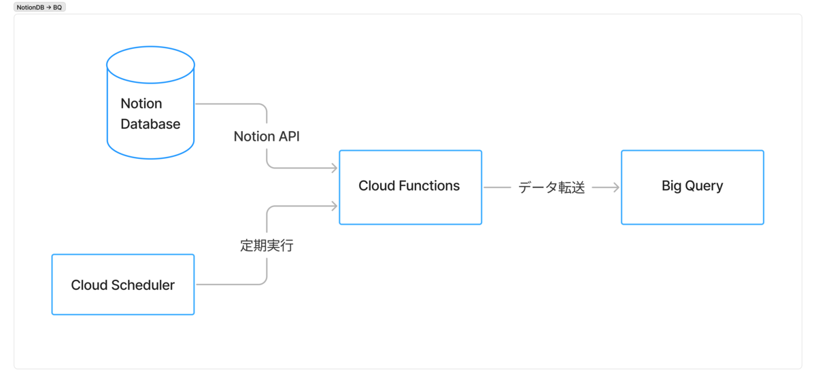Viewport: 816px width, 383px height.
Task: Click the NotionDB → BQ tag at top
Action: (39, 7)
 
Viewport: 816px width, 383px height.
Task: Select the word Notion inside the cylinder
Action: (141, 104)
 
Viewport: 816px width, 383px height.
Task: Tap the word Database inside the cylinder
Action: (150, 124)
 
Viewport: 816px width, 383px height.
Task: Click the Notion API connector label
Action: (267, 136)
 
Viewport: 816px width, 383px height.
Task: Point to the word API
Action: (289, 136)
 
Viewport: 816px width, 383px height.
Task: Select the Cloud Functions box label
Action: (409, 186)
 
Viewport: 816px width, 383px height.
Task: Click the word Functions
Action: (429, 186)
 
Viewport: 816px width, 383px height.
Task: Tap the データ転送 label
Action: (551, 187)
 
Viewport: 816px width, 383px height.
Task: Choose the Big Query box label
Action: (692, 186)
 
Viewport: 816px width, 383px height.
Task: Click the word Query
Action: (704, 187)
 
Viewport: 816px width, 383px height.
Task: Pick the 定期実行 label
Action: (267, 246)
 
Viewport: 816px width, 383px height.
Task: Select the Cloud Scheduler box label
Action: (123, 285)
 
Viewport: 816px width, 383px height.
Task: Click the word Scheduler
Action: (143, 285)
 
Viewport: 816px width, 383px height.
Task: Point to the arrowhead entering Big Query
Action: (616, 187)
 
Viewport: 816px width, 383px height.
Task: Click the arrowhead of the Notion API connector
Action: (334, 168)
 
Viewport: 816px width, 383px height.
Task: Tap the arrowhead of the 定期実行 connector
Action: (334, 206)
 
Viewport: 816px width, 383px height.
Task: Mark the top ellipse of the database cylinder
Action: (150, 47)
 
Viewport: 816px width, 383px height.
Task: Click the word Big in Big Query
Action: (671, 186)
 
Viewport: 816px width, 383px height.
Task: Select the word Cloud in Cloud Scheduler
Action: (89, 285)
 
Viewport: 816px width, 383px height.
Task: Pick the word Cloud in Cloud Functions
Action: (377, 186)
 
